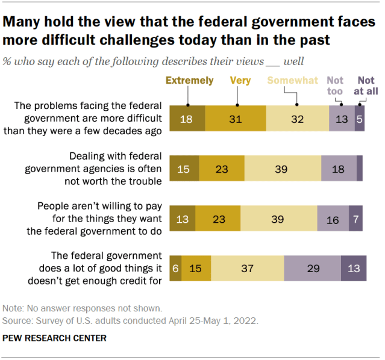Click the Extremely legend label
tap(189, 80)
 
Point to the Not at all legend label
tap(366, 85)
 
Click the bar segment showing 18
tap(187, 119)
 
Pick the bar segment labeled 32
tap(297, 119)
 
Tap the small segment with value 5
tap(360, 119)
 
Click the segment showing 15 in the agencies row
tap(184, 169)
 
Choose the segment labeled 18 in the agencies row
tap(338, 169)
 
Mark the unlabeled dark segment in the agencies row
tap(359, 169)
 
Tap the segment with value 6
tap(175, 268)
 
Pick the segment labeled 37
tap(247, 268)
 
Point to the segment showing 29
tap(312, 268)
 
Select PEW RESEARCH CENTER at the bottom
tap(55, 338)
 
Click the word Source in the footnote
tap(17, 321)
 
